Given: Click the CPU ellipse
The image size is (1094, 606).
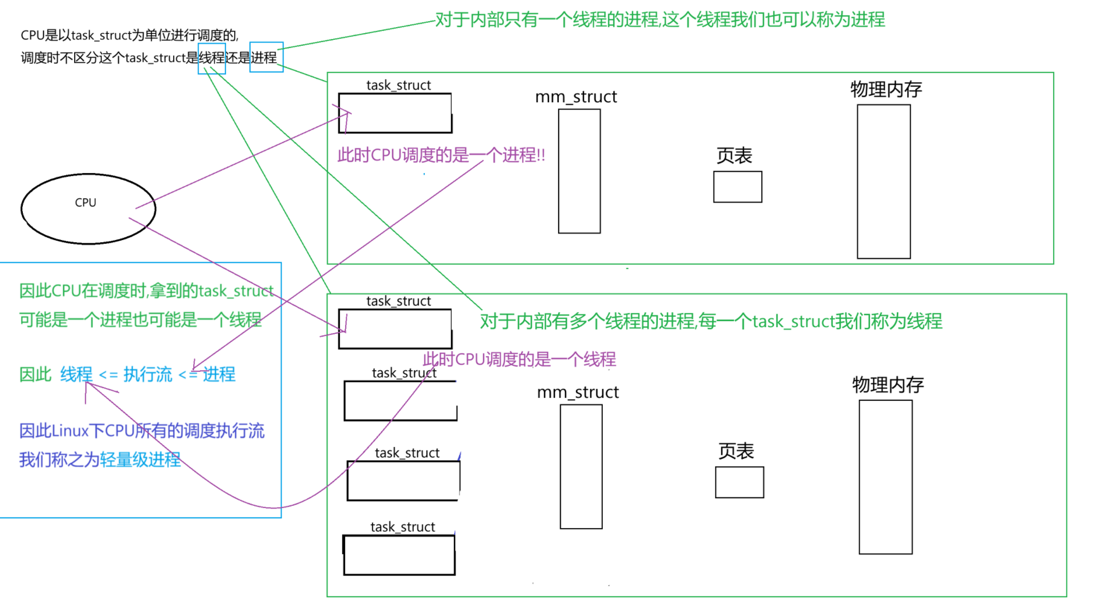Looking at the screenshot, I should (x=88, y=209).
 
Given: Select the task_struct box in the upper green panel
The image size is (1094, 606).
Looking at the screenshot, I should (x=395, y=113).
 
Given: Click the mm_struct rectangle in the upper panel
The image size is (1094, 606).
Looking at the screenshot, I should (x=579, y=171).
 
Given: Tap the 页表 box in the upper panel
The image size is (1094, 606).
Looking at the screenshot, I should (x=737, y=187).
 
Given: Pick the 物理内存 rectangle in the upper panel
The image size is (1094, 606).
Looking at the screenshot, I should (x=883, y=181).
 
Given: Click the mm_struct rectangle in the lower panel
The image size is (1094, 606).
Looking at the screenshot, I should (x=581, y=466).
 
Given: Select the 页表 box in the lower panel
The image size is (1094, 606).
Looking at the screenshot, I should (x=739, y=482).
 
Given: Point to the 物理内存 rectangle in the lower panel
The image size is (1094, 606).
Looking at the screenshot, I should (x=885, y=477).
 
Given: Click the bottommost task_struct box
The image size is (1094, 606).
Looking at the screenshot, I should (x=399, y=555).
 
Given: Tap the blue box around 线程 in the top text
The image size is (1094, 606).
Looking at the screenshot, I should (x=211, y=58).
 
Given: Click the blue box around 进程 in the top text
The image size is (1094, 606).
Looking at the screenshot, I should (x=266, y=57).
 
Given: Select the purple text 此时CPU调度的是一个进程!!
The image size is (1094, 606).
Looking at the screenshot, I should (x=441, y=155).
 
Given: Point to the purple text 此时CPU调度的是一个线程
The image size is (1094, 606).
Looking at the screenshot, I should (x=519, y=359).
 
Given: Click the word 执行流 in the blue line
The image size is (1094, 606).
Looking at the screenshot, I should (x=148, y=375).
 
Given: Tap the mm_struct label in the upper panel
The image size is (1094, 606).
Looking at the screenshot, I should (x=576, y=97).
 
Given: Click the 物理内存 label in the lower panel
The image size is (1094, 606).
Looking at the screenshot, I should (x=888, y=385).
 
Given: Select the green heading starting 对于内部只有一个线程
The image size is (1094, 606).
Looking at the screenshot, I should (x=660, y=20).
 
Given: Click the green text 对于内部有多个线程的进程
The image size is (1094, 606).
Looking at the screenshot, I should (x=711, y=321).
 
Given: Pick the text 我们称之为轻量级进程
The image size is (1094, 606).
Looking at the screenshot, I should (x=100, y=460).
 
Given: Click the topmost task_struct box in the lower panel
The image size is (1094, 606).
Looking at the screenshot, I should (x=395, y=329).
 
